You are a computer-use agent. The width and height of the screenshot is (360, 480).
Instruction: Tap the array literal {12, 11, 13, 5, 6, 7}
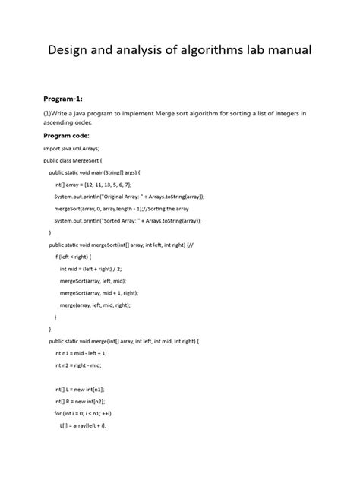[109, 185]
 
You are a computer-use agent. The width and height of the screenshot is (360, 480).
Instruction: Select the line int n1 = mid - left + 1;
[81, 353]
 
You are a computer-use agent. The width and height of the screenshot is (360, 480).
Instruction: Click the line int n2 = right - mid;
[77, 365]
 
